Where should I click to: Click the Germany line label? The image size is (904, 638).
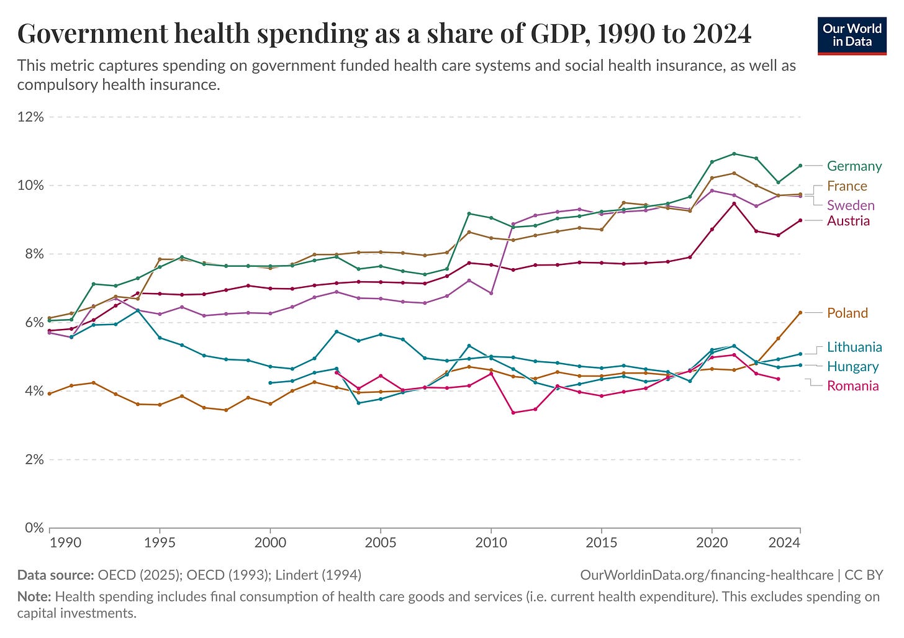[x=854, y=166]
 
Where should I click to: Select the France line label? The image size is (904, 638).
[x=847, y=186]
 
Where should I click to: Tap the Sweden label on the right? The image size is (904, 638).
[x=851, y=205]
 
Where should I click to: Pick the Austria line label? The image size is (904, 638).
[x=848, y=221]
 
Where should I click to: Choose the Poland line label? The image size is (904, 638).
[x=847, y=313]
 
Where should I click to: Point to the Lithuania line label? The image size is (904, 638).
[x=854, y=347]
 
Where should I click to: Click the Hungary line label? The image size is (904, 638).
[x=852, y=367]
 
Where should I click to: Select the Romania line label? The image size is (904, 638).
[x=852, y=386]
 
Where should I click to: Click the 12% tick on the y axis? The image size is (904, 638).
[x=30, y=117]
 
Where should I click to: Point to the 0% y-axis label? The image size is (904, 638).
[x=34, y=528]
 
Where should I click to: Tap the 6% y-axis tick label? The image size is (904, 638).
[x=34, y=323]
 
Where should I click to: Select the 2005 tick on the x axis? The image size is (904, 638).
[x=381, y=542]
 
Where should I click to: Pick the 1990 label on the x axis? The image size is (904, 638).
[x=65, y=542]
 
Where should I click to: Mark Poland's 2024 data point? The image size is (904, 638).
[x=800, y=313]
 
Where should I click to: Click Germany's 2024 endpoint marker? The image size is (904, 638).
[x=800, y=166]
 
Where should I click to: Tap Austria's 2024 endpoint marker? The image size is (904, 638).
[x=800, y=220]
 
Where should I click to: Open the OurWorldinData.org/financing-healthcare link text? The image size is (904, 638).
[x=707, y=575]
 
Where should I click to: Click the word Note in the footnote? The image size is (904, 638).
[x=34, y=597]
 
